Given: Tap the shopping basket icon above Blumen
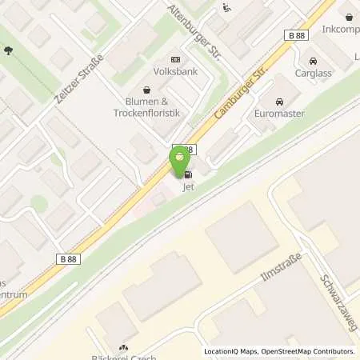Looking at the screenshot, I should click(x=146, y=90).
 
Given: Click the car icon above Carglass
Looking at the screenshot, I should click(x=312, y=60).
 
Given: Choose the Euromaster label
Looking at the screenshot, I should click(x=279, y=114).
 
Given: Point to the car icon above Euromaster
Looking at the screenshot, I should click(x=278, y=102).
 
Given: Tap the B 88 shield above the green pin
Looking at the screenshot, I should click(x=184, y=149).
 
